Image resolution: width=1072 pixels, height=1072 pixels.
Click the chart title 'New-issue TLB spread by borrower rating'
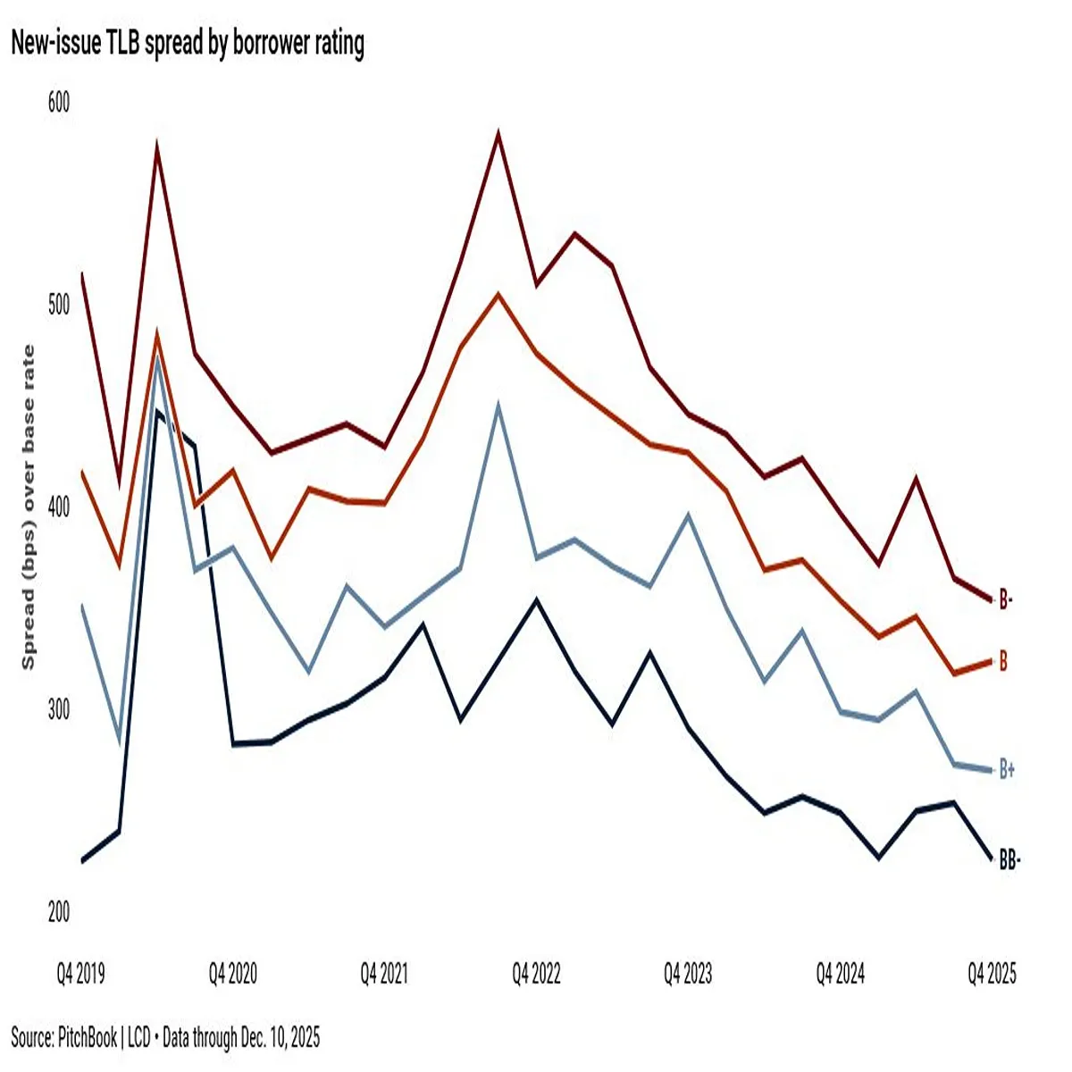click(188, 44)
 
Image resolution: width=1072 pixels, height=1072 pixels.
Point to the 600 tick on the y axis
click(58, 103)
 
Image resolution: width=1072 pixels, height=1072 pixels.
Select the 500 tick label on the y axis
click(58, 305)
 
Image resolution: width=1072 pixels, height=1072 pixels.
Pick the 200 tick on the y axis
click(58, 912)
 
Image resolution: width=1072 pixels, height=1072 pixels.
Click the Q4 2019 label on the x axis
click(81, 974)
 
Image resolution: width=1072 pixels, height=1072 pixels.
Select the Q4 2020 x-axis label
click(233, 974)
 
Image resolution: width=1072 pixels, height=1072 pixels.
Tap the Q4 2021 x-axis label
click(385, 974)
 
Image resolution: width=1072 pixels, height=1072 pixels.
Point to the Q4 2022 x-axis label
click(536, 974)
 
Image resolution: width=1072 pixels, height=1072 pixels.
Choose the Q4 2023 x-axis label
click(688, 974)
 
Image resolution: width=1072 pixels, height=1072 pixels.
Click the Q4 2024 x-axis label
click(840, 974)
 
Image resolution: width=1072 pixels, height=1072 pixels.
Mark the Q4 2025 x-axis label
click(992, 974)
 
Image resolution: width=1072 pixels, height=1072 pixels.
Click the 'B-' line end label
click(1006, 599)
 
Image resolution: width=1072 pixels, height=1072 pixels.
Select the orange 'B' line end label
click(1003, 661)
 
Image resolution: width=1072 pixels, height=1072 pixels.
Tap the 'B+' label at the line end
click(1007, 769)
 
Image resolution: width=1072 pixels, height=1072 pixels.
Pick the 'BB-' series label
click(1009, 861)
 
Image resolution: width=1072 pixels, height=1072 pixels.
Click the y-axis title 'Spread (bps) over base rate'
click(29, 507)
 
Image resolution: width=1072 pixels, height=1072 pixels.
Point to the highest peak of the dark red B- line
click(498, 133)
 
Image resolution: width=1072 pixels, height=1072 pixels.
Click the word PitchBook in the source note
click(88, 1037)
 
